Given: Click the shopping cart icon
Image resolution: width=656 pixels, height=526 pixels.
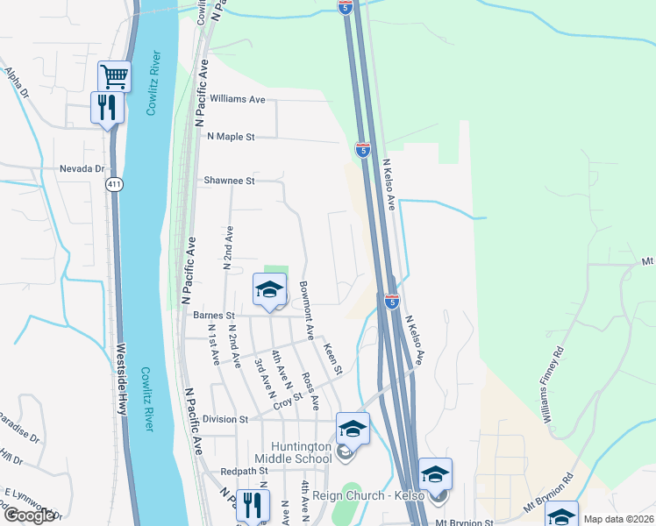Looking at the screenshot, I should pyautogui.click(x=114, y=75).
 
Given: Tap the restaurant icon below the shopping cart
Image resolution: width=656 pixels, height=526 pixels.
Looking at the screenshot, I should pyautogui.click(x=107, y=107).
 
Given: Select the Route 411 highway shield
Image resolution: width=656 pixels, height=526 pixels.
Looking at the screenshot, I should pyautogui.click(x=114, y=184).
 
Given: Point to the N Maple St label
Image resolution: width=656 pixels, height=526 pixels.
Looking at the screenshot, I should pyautogui.click(x=230, y=137).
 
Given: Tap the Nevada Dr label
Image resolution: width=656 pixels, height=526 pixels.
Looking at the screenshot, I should pyautogui.click(x=82, y=168).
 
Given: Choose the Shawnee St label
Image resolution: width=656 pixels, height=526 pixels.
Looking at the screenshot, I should pyautogui.click(x=229, y=181).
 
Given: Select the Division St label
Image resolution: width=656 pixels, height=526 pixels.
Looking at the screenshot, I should pyautogui.click(x=225, y=419).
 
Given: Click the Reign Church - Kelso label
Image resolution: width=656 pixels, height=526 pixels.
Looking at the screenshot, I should pyautogui.click(x=369, y=496).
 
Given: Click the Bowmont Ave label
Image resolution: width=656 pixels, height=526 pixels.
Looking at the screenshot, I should pyautogui.click(x=307, y=310).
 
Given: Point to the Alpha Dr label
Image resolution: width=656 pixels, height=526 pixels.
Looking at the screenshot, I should pyautogui.click(x=17, y=82).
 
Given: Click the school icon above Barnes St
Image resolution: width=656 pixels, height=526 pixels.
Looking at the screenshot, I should pyautogui.click(x=270, y=288).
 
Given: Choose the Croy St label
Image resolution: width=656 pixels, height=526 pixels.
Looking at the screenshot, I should pyautogui.click(x=287, y=401).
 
